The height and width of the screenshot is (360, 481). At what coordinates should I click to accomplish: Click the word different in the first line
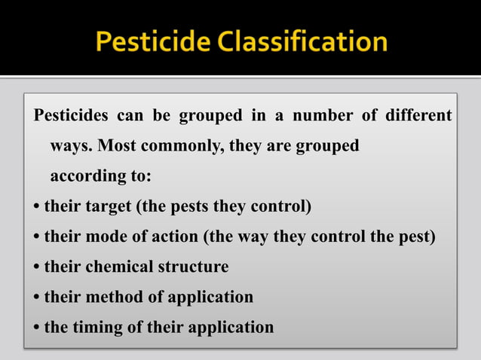click(x=418, y=116)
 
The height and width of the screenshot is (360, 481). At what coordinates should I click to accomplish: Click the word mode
click(x=106, y=236)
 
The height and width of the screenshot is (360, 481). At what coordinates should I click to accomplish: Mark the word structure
click(x=193, y=267)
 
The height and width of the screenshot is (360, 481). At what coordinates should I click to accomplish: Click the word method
click(x=112, y=297)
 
